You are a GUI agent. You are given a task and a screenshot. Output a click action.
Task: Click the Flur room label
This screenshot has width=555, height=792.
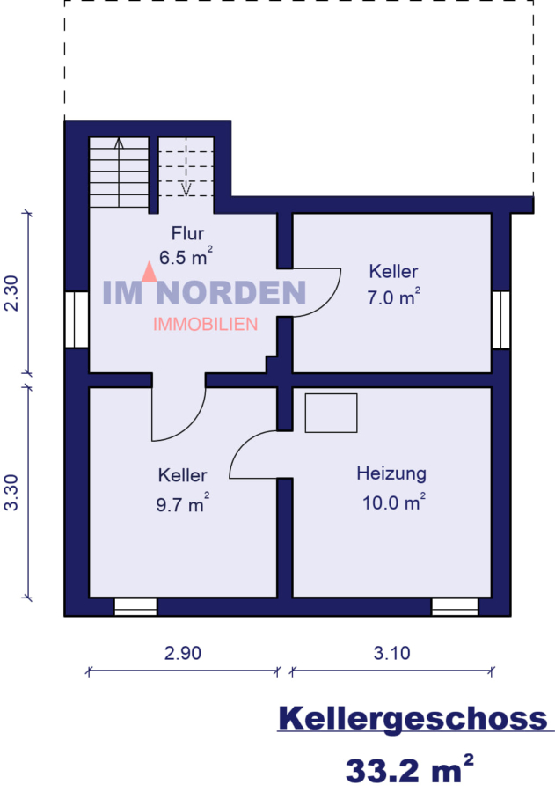coord(186,234)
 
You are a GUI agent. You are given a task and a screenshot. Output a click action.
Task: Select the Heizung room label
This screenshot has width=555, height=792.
coord(391,473)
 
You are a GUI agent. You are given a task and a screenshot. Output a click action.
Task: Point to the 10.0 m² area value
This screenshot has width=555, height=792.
coord(393,502)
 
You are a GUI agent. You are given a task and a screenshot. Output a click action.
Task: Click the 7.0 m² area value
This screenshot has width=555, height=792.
coord(393,297)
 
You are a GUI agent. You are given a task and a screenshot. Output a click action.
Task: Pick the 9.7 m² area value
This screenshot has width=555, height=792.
coord(183,504)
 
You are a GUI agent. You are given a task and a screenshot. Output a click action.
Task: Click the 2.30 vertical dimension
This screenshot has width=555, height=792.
coord(11,293)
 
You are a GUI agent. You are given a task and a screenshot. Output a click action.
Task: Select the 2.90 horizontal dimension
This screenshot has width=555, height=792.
coord(183,653)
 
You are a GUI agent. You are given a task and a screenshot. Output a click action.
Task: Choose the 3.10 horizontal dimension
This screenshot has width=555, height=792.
coord(392,653)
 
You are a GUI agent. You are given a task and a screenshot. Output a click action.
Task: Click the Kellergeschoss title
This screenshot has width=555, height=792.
coord(413,718)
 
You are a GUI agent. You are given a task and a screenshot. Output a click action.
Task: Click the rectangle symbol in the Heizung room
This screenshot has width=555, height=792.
coord(331,413)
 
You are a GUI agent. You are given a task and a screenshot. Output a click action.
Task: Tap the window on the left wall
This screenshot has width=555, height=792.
coord(77,319)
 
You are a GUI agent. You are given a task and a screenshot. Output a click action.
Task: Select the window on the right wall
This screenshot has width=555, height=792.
coord(500,319)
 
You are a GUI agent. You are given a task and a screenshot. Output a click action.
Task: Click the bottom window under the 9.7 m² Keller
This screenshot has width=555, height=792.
coord(135,606)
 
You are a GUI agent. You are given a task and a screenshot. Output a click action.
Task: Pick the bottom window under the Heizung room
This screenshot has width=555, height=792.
coord(454,606)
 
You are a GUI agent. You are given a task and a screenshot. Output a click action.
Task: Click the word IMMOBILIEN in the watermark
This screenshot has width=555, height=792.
coord(205,325)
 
